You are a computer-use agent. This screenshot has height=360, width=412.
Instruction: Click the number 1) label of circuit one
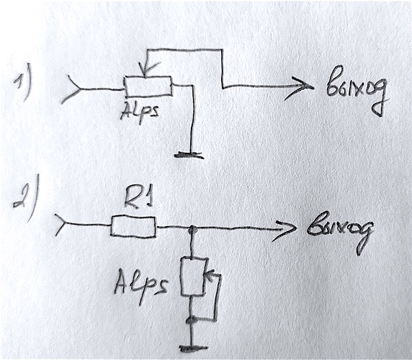pyautogui.click(x=23, y=86)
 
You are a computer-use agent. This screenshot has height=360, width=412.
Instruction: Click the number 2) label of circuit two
pyautogui.click(x=26, y=197)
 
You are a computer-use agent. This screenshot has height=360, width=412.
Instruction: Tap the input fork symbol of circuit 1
pyautogui.click(x=71, y=89)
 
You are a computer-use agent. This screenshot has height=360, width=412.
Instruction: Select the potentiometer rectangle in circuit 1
pyautogui.click(x=148, y=86)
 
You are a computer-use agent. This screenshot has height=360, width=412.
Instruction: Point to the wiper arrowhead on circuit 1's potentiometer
pyautogui.click(x=146, y=71)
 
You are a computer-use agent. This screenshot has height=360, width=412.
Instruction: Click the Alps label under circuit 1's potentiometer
pyautogui.click(x=140, y=113)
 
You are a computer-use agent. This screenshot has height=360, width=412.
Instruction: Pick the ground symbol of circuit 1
pyautogui.click(x=189, y=155)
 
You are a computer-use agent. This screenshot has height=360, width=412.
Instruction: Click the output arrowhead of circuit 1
pyautogui.click(x=300, y=87)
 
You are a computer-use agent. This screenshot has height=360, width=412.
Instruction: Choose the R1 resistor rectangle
pyautogui.click(x=133, y=227)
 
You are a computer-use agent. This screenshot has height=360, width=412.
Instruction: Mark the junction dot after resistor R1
pyautogui.click(x=194, y=230)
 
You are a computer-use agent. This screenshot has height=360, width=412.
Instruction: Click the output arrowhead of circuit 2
pyautogui.click(x=285, y=229)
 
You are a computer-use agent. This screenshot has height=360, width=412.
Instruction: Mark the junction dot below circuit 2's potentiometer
pyautogui.click(x=192, y=320)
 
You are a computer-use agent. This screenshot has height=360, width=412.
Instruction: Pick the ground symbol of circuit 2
pyautogui.click(x=194, y=349)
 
